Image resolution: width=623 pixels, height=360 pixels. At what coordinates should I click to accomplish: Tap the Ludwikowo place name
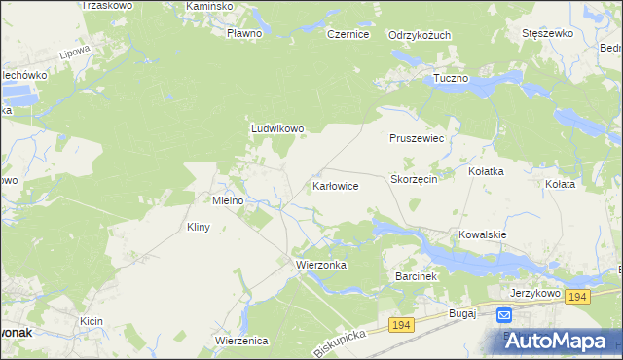[278, 127]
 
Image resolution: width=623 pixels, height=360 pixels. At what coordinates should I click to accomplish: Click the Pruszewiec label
[417, 139]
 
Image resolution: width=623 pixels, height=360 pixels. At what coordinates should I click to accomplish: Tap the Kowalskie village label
[483, 234]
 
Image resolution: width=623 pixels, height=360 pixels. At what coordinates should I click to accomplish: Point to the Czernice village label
[348, 34]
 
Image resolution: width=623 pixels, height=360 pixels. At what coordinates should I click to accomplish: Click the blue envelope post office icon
[504, 315]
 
